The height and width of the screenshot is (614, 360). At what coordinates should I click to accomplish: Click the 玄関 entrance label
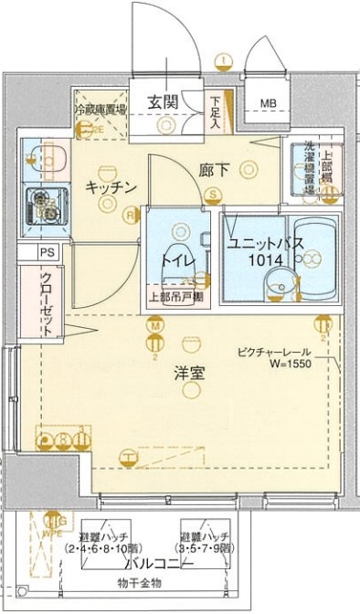pos(162,101)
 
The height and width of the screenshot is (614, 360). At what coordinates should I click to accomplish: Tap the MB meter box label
pos(268,102)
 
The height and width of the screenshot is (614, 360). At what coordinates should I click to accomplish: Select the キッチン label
pos(111,187)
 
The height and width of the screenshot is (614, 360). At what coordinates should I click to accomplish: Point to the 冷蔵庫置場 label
pos(101,110)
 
